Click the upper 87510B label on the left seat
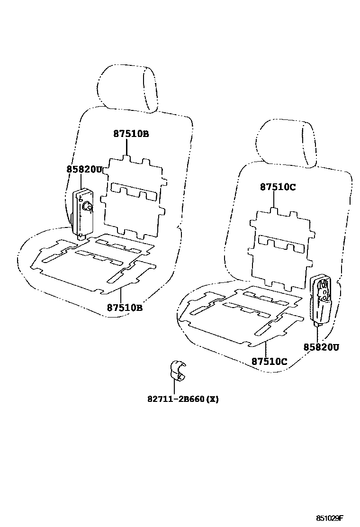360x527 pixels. click(x=131, y=134)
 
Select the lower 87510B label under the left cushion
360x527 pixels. click(x=125, y=308)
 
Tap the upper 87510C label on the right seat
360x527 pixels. click(x=278, y=187)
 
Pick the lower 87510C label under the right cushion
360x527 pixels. click(x=269, y=362)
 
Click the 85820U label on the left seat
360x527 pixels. click(x=84, y=169)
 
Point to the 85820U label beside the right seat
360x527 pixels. click(x=321, y=347)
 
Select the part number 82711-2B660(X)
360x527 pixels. click(x=182, y=399)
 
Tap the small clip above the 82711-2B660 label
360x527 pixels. click(x=177, y=370)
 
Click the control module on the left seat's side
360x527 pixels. click(x=82, y=211)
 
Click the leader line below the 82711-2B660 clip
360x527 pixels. click(x=175, y=388)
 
